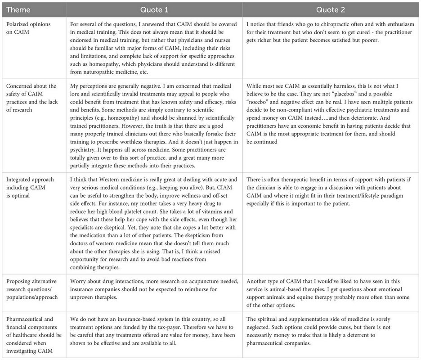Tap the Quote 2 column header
(331, 9)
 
